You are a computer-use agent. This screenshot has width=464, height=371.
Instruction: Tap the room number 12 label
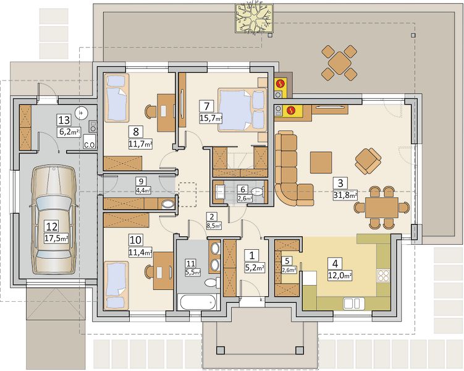pyautogui.click(x=51, y=227)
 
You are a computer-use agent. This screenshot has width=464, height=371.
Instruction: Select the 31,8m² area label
pyautogui.click(x=345, y=195)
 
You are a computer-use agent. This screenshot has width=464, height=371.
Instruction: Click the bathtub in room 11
pyautogui.click(x=198, y=302)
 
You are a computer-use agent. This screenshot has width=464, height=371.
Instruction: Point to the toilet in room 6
pyautogui.click(x=258, y=191)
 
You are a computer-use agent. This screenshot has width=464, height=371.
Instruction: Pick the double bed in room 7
pyautogui.click(x=242, y=110)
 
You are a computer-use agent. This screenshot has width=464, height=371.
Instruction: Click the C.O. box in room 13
pyautogui.click(x=90, y=141)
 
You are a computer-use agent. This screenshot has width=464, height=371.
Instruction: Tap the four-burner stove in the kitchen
pyautogui.click(x=384, y=276)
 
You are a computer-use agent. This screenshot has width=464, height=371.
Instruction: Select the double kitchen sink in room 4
pyautogui.click(x=353, y=304)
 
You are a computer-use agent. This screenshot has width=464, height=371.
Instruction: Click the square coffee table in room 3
pyautogui.click(x=321, y=162)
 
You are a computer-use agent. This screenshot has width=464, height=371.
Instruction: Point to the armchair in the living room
pyautogui.click(x=368, y=161)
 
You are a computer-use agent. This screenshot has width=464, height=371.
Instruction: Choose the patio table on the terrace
pyautogui.click(x=339, y=63)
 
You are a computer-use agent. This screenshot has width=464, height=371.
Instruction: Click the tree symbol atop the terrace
pyautogui.click(x=254, y=18)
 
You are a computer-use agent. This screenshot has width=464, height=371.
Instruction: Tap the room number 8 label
pyautogui.click(x=136, y=132)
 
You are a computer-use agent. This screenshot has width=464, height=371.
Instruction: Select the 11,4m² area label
pyautogui.click(x=141, y=252)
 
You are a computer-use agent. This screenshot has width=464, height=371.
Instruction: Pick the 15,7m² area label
pyautogui.click(x=211, y=119)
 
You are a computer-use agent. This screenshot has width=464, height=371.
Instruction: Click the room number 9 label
pyautogui.click(x=141, y=181)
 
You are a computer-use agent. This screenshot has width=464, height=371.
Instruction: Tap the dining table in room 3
pyautogui.click(x=381, y=208)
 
